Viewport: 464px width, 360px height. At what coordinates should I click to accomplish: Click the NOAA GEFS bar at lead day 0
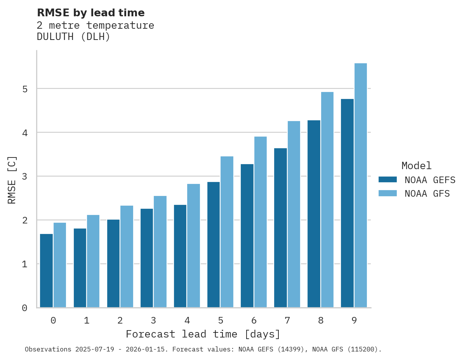click(46, 271)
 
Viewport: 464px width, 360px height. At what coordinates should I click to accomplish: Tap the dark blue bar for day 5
click(214, 245)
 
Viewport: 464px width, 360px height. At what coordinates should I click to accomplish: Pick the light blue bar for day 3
click(160, 252)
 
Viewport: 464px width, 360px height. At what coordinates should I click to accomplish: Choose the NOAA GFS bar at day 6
click(260, 222)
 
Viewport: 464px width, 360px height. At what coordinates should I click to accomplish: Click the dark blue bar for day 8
click(314, 214)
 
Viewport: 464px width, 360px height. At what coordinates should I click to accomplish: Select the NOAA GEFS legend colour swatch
click(388, 180)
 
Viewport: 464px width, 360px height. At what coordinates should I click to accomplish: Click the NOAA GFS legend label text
click(427, 194)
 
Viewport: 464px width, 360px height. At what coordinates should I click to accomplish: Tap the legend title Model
click(416, 166)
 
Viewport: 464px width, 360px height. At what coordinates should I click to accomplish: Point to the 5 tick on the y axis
click(24, 89)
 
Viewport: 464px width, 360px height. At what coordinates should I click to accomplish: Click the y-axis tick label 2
click(24, 220)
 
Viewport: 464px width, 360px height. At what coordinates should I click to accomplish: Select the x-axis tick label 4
click(187, 321)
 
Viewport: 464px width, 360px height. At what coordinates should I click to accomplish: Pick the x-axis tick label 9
click(354, 321)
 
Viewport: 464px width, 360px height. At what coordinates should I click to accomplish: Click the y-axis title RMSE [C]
click(12, 180)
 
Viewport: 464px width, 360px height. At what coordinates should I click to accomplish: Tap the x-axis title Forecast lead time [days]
click(203, 334)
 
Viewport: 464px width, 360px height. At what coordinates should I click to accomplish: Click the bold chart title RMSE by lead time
click(90, 13)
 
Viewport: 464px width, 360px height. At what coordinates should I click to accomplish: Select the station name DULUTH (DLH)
click(73, 37)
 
